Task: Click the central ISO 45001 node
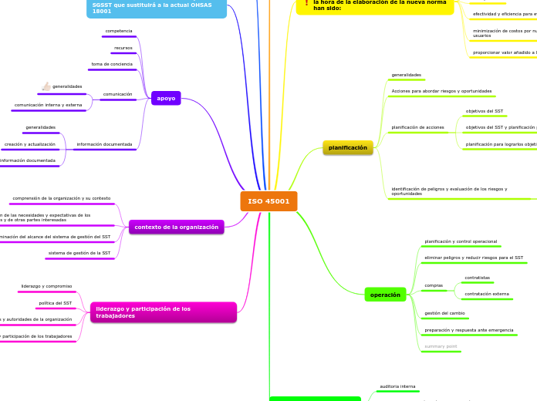point(268,201)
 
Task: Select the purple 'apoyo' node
point(166,98)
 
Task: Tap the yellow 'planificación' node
point(347,147)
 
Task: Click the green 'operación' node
point(385,295)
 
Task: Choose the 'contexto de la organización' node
point(177,227)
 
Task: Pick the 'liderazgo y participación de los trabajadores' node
point(163,312)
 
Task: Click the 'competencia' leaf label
point(118,31)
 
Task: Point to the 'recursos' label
point(123,48)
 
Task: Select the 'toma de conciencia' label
point(112,64)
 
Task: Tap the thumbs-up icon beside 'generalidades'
point(46,86)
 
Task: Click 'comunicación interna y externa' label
point(48,104)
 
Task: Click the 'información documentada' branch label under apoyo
point(104,144)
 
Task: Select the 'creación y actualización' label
point(30,144)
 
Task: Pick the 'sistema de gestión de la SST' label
point(79,253)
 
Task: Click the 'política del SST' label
point(56,303)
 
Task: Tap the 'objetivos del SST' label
point(485,111)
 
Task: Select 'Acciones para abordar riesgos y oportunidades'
point(441,91)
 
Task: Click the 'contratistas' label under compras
point(477,278)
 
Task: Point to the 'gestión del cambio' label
point(446,313)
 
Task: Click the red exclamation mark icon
point(306,3)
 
